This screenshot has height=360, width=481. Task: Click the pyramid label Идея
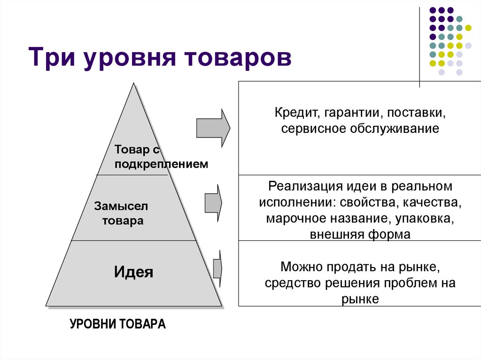[134, 272]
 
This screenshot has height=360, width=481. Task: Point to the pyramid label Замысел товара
[122, 213]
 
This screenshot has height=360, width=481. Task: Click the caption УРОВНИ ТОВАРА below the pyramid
[117, 324]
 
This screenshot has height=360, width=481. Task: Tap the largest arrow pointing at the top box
[213, 127]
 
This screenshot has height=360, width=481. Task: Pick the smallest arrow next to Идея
[217, 268]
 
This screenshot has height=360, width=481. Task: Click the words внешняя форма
[360, 234]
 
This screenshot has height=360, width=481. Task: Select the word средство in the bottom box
[287, 283]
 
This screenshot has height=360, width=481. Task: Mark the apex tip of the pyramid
[134, 84]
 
